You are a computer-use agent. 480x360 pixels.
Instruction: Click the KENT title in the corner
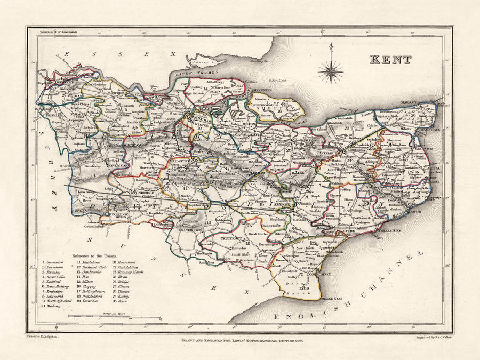pyautogui.click(x=391, y=60)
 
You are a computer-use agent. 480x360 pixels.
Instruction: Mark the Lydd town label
pyautogui.click(x=304, y=281)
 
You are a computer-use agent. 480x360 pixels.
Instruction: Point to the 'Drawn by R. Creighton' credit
pyautogui.click(x=45, y=337)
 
